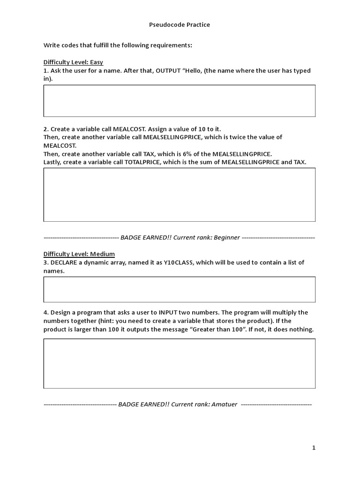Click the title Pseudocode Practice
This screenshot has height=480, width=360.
coord(180,25)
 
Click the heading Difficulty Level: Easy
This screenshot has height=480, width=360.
coord(73,62)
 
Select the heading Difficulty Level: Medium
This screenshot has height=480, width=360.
coord(79,254)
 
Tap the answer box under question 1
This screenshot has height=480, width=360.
coord(180,101)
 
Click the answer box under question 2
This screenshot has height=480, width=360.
coord(180,195)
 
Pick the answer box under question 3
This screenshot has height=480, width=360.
coord(180,289)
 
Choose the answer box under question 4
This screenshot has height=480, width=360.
coord(180,363)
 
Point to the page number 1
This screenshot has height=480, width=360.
coord(314,448)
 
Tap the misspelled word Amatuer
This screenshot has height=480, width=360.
coord(224,404)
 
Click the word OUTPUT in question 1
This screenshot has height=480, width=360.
coord(168,71)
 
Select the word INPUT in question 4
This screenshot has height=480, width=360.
coord(168,313)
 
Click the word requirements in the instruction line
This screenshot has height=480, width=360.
coord(170,45)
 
